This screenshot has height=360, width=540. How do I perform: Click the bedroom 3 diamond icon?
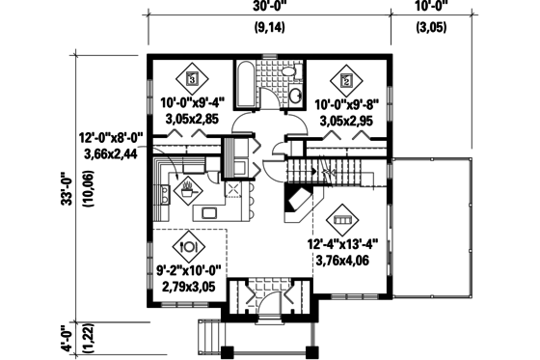(x=192, y=78)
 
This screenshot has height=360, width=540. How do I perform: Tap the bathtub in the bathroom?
(x=244, y=87)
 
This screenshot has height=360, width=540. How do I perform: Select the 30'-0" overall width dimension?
(x=268, y=9)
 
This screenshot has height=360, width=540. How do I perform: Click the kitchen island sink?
(x=206, y=210)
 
